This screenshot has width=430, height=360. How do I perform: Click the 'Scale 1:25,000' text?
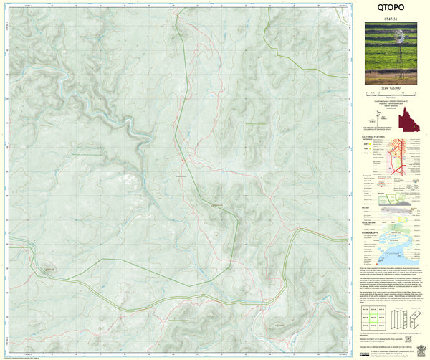pos(390,87)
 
